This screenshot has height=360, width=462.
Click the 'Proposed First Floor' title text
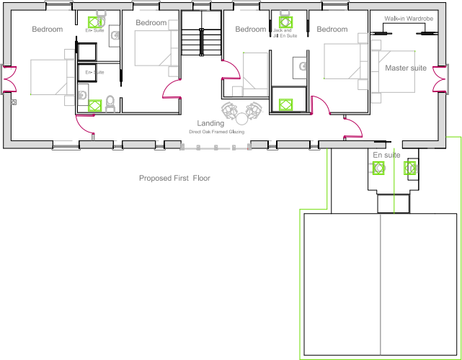click(174, 178)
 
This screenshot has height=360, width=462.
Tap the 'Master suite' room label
click(405, 68)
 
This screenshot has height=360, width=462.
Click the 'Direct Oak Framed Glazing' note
click(216, 132)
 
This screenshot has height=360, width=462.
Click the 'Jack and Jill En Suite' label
click(283, 33)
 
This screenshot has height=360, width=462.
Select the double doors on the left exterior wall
click(8, 79)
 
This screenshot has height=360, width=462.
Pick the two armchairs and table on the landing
click(241, 110)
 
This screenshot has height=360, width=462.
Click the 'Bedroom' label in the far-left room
click(47, 30)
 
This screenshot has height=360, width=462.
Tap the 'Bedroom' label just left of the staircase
click(151, 23)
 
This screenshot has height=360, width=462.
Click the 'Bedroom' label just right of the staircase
click(250, 30)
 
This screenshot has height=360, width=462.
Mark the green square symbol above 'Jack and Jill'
click(284, 21)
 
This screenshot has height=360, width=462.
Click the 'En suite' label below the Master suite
click(386, 155)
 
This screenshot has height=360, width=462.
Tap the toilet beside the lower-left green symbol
click(110, 103)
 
